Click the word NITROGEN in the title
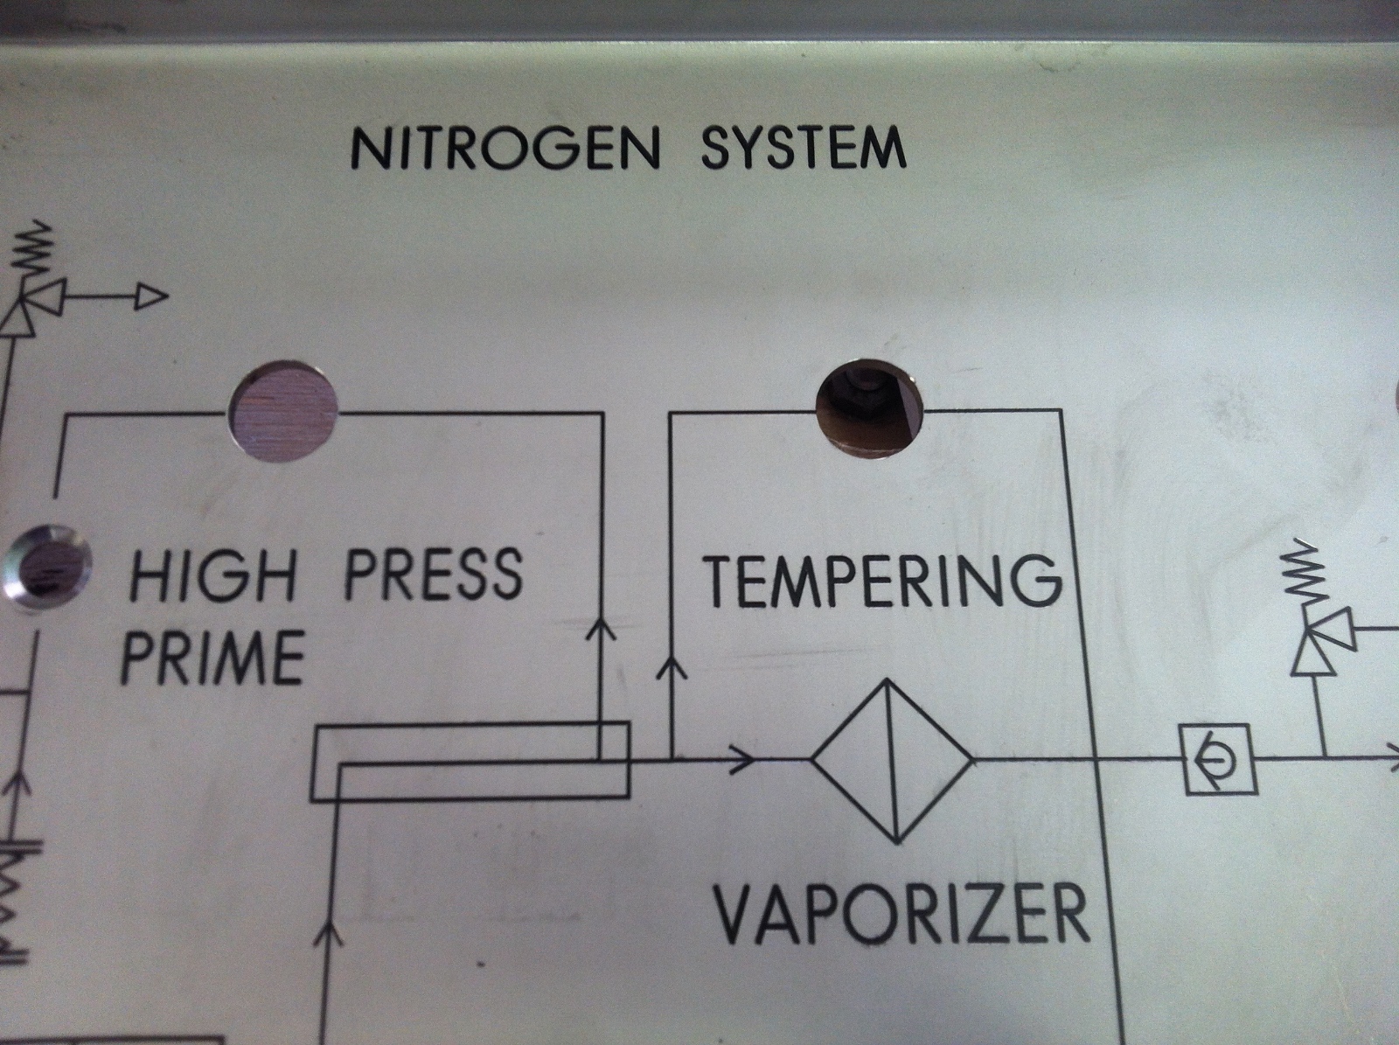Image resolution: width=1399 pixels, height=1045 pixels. point(505,150)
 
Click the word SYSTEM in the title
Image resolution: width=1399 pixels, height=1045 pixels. point(803,148)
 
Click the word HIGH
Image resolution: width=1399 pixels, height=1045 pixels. point(212,575)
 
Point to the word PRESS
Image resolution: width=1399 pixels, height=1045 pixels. point(434,574)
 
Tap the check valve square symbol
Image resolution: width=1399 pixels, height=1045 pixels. point(1221,760)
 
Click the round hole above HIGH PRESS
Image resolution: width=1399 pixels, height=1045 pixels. point(282,411)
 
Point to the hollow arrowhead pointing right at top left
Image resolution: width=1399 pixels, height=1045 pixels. point(150,298)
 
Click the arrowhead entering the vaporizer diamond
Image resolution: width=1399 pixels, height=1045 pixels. point(742,760)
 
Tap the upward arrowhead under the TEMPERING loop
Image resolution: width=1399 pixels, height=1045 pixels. point(671,669)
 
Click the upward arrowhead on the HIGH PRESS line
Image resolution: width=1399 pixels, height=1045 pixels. point(601,628)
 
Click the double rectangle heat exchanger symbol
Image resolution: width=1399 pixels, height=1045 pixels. point(470,760)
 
